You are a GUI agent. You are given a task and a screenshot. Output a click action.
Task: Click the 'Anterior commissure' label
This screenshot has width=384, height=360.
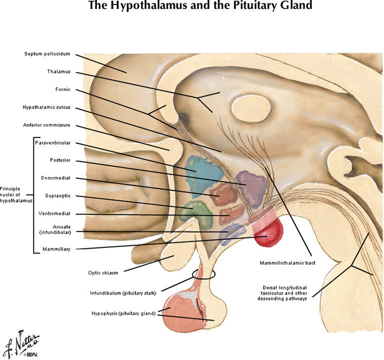coord(46,124)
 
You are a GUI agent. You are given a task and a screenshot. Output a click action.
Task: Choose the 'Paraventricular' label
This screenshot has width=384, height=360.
coord(52,143)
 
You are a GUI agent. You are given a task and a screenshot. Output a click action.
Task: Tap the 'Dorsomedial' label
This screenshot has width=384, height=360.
coord(55,177)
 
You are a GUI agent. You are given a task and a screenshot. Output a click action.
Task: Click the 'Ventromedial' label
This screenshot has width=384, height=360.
coord(54,213)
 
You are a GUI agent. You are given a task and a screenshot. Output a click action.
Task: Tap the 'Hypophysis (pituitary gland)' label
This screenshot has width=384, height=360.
coord(123,313)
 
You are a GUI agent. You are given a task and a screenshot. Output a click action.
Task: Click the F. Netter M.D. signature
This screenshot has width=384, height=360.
coord(21,343)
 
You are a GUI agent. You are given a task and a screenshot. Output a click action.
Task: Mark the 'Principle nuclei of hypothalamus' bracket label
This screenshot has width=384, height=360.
coord(16,194)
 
